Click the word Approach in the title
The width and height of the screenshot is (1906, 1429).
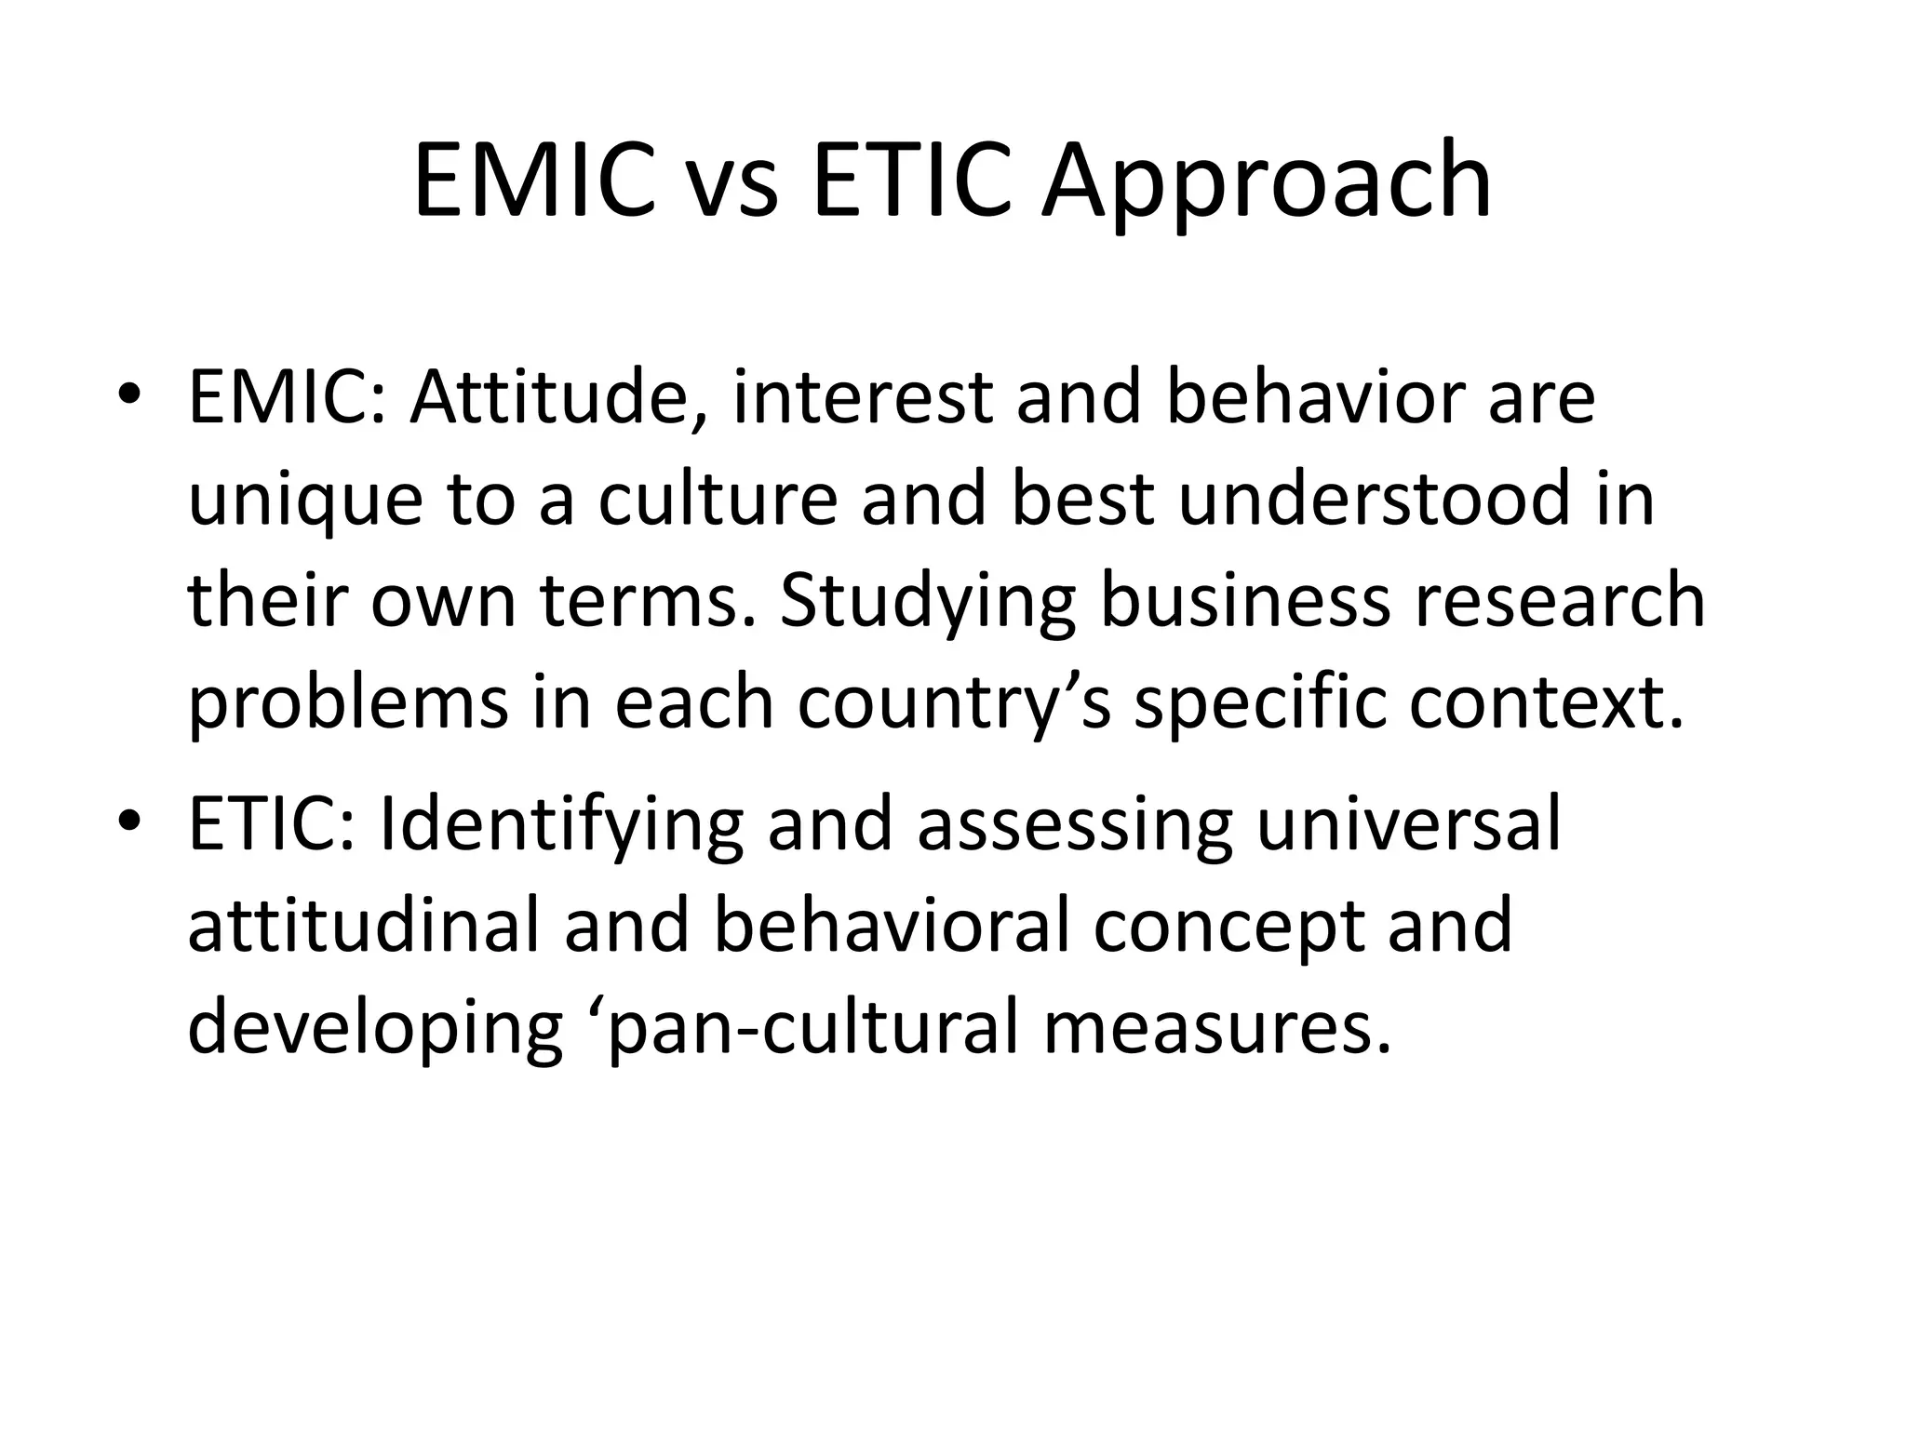(1266, 181)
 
